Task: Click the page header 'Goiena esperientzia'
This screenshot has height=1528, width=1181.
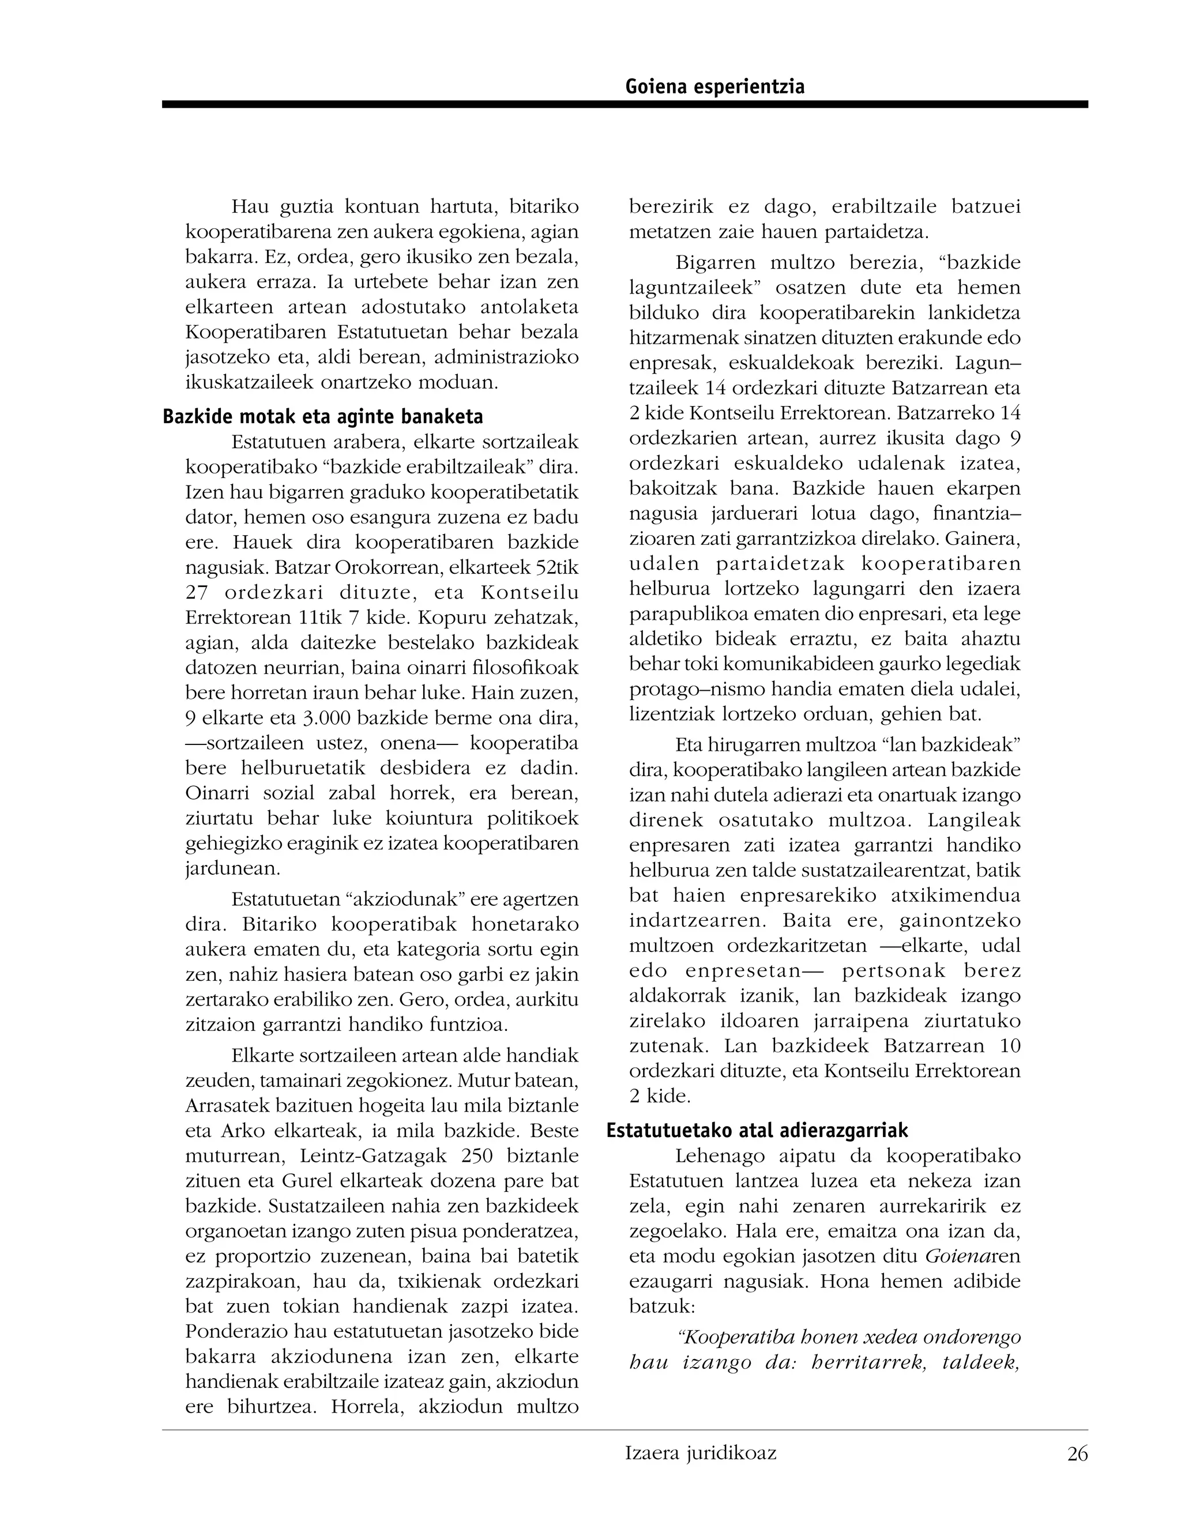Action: coord(714,86)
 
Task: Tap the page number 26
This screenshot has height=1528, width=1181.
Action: coord(1077,1454)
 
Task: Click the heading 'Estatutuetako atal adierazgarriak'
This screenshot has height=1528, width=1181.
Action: coord(757,1131)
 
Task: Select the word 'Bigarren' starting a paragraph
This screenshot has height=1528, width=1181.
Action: coord(716,263)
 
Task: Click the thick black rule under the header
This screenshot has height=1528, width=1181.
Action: coord(624,104)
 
